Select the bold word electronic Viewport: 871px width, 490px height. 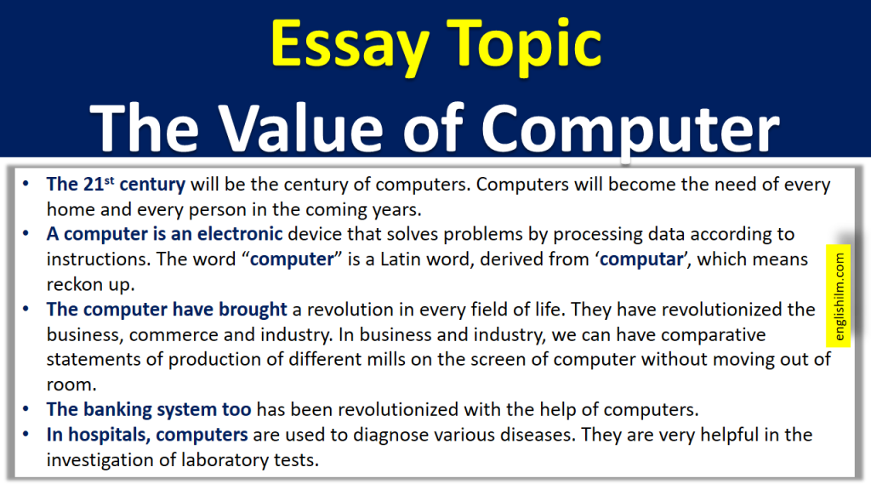click(235, 234)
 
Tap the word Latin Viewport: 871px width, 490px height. click(419, 259)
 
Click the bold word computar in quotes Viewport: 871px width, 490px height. click(641, 259)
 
